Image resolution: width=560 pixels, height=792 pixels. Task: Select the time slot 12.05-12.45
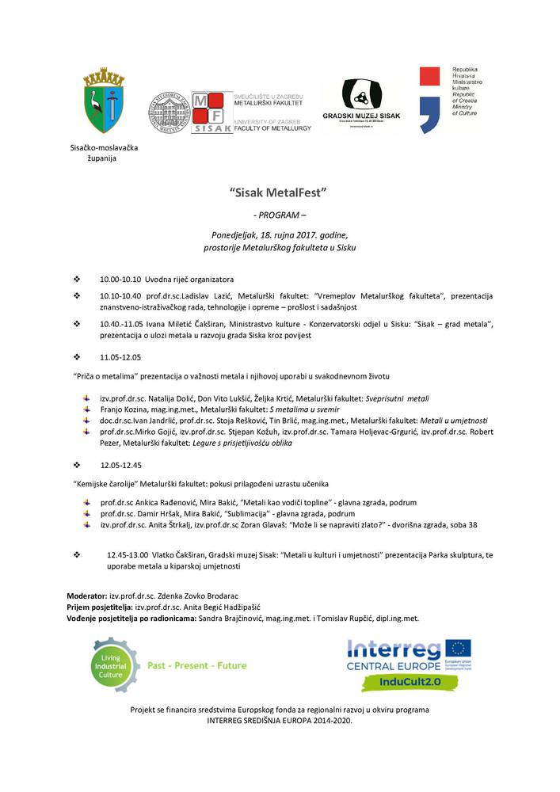pyautogui.click(x=121, y=464)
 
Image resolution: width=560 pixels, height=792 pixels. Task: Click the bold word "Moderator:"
pyautogui.click(x=86, y=595)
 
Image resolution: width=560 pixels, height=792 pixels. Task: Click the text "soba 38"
pyautogui.click(x=483, y=525)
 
